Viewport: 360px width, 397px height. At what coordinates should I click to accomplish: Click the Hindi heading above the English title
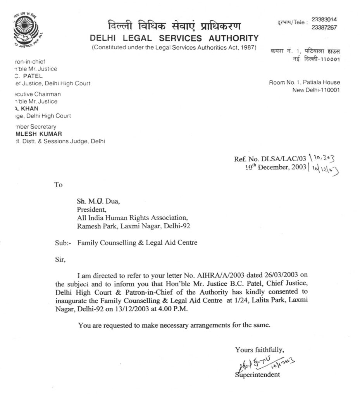(174, 26)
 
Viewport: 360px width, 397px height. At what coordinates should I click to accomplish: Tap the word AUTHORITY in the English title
(234, 38)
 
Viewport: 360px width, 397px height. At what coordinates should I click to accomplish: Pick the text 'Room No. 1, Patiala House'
(305, 82)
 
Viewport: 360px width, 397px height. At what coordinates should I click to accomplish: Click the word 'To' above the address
(59, 185)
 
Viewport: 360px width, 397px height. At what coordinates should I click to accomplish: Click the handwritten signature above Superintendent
(256, 363)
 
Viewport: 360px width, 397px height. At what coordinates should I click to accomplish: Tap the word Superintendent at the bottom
(257, 375)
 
